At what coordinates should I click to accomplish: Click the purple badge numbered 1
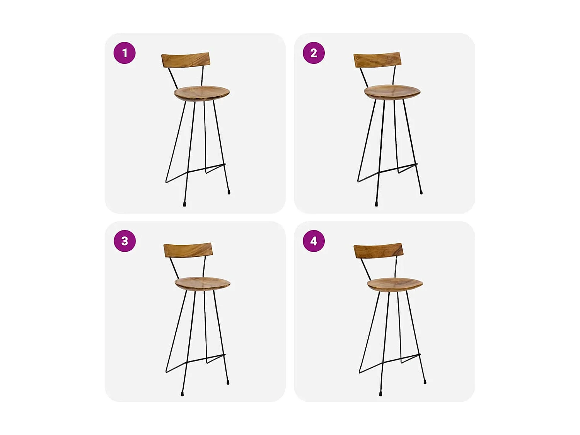(x=125, y=53)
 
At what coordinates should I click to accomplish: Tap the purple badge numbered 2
(x=314, y=53)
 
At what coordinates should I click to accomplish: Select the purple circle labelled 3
(x=125, y=241)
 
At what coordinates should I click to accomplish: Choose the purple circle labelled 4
(x=314, y=241)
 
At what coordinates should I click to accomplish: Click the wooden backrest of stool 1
(x=186, y=60)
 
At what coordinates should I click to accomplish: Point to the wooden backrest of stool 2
(x=377, y=60)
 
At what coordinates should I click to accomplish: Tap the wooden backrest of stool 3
(x=188, y=250)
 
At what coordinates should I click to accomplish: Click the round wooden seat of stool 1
(x=202, y=93)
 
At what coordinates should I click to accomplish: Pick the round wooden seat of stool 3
(x=203, y=283)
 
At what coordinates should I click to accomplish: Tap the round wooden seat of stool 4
(x=395, y=285)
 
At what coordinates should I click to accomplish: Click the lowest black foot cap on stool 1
(x=184, y=204)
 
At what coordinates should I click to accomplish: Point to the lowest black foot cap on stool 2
(x=376, y=204)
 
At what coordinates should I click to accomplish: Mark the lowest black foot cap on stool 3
(x=182, y=394)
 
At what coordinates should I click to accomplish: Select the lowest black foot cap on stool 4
(x=381, y=394)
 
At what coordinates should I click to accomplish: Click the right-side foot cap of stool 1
(x=229, y=192)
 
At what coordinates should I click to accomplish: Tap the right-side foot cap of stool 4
(x=425, y=382)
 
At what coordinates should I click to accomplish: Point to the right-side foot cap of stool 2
(x=421, y=192)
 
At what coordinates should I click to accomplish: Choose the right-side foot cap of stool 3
(x=228, y=382)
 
